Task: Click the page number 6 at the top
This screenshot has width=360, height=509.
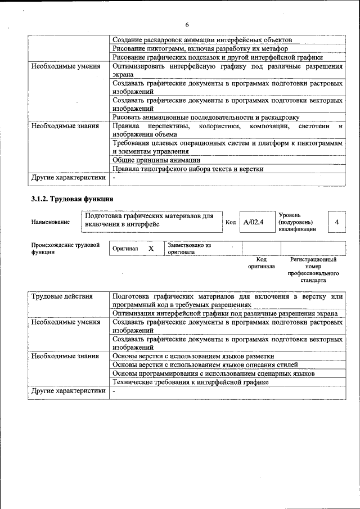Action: point(187,24)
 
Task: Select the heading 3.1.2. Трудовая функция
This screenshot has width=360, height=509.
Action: point(73,199)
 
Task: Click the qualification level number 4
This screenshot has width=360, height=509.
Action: point(336,222)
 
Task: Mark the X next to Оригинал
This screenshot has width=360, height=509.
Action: point(151,248)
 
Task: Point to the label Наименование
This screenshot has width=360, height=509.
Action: point(51,222)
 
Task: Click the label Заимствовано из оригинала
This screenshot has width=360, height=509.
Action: point(189,249)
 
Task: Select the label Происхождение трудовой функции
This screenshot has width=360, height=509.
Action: point(65,249)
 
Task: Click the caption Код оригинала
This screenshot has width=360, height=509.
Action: point(261,263)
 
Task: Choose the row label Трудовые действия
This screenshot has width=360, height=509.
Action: point(62,296)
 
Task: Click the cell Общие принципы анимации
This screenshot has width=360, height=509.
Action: point(156,160)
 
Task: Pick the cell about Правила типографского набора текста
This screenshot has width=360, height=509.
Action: point(188,169)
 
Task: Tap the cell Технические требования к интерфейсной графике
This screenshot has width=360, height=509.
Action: point(190,382)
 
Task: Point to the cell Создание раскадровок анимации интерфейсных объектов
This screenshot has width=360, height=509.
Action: point(202,40)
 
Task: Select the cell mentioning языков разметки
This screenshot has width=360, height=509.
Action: point(193,356)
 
